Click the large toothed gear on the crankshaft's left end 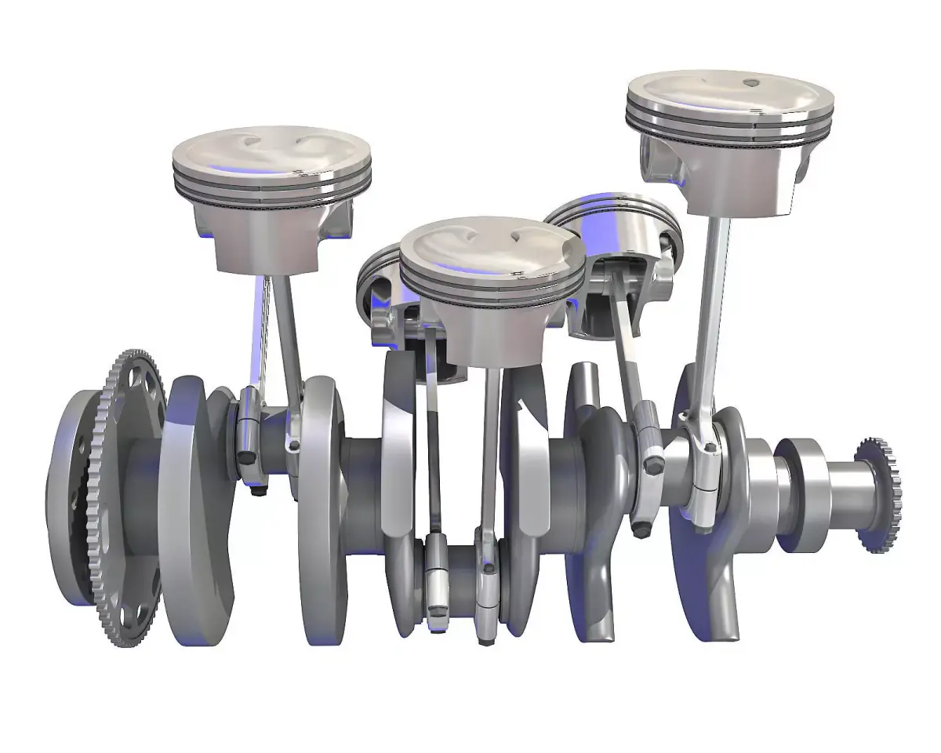pyautogui.click(x=118, y=502)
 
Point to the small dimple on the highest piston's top pyautogui.click(x=750, y=82)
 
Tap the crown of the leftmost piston pyautogui.click(x=271, y=153)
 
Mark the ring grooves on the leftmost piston pyautogui.click(x=271, y=192)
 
